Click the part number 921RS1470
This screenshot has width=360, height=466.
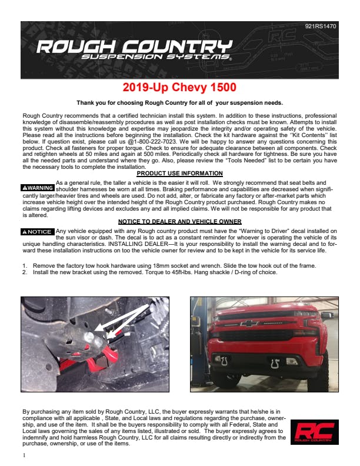pos(321,26)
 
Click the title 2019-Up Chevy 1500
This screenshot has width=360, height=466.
pos(180,88)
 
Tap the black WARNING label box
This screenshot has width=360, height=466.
pos(38,188)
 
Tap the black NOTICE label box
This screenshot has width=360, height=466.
pos(38,232)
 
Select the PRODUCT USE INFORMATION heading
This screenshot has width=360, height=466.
pos(179,174)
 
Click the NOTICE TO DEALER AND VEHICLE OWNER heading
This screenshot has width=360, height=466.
pos(179,221)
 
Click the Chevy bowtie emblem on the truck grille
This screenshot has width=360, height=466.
pos(252,323)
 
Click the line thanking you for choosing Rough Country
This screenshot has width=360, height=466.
pos(179,103)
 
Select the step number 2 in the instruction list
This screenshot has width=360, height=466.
pos(24,272)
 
